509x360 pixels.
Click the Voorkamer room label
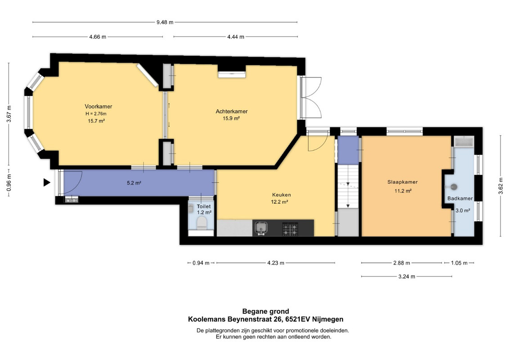click(99, 107)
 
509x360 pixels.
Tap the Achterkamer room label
click(231, 111)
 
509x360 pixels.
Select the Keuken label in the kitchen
click(281, 195)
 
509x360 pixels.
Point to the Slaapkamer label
click(402, 182)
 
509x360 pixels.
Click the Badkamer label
click(460, 198)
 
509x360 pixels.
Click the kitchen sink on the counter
click(261, 228)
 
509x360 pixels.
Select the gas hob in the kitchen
click(289, 229)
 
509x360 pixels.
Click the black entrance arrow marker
click(47, 182)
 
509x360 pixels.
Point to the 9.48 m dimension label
click(165, 22)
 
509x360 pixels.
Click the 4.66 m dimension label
click(98, 37)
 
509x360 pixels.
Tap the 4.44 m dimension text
click(236, 37)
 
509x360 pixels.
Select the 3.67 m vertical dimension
click(9, 113)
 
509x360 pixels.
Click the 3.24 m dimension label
click(407, 277)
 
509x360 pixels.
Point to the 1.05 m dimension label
click(459, 263)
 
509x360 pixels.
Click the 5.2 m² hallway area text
click(134, 183)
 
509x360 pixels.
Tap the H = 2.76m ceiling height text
click(96, 113)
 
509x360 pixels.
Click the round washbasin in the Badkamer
click(454, 187)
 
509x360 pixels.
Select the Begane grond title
click(266, 312)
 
